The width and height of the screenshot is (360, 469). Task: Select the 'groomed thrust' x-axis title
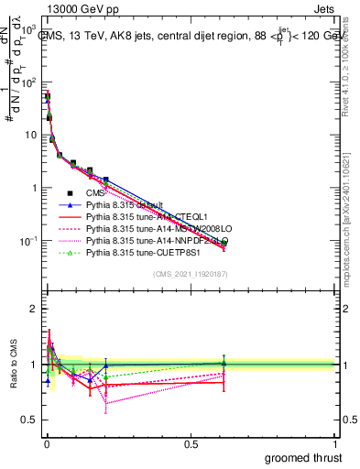pos(303,457)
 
